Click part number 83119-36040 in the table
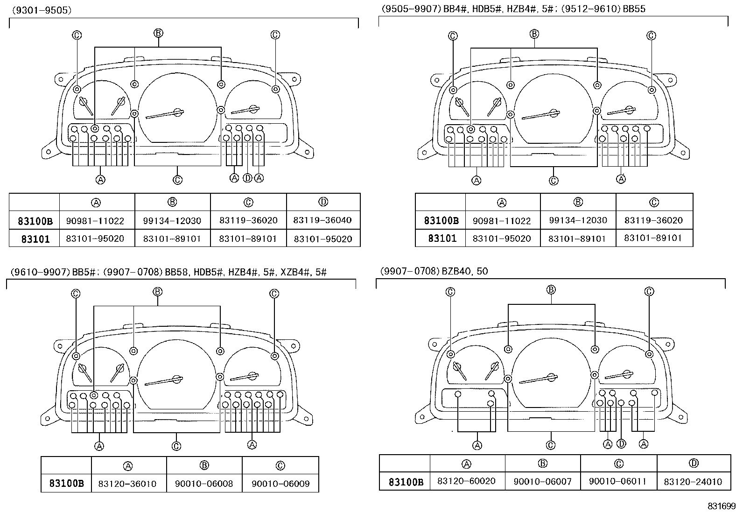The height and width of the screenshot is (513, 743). pos(323,220)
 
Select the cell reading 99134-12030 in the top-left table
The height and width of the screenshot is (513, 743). pos(172,220)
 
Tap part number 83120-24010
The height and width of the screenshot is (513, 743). pos(693,481)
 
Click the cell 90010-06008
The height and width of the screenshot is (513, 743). pos(204,484)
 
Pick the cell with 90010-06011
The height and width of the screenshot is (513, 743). pos(618,481)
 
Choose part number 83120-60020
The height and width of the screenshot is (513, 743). pos(466,481)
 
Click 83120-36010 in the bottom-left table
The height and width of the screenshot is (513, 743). pos(127,484)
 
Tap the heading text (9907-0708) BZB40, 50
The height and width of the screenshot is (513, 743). pos(434,271)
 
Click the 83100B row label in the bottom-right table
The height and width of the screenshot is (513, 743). pos(406,482)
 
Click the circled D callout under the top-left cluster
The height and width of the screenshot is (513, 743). pos(247,178)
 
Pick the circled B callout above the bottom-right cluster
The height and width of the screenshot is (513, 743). pos(551,290)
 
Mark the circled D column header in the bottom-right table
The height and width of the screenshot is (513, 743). pos(693,464)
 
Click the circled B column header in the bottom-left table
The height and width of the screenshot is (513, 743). pos(204,465)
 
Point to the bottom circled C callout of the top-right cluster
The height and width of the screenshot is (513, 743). pos(554,181)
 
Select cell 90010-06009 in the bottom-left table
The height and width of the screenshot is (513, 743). pos(280,484)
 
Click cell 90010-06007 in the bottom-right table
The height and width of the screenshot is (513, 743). pos(542,481)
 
